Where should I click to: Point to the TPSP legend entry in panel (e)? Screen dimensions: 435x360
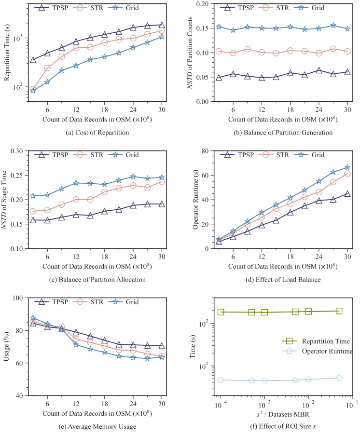pyautogui.click(x=51, y=302)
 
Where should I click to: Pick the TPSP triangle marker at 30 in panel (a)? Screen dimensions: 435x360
pyautogui.click(x=162, y=25)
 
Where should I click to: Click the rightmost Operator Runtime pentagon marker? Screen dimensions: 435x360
pyautogui.click(x=339, y=378)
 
